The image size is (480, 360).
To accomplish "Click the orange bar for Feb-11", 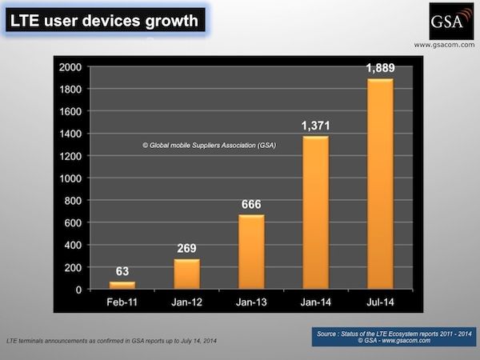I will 122,285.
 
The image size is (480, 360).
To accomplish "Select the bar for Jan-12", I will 186,274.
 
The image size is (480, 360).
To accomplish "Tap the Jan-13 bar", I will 250,252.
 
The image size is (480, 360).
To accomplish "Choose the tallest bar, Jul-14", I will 379,184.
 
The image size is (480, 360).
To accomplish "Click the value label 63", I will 122,271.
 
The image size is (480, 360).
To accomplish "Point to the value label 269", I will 186,248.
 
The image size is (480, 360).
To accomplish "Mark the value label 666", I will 250,203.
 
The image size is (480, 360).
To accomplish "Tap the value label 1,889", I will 379,67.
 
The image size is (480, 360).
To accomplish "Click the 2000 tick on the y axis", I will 70,67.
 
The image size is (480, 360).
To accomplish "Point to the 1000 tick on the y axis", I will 70,178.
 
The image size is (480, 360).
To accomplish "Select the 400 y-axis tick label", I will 74,245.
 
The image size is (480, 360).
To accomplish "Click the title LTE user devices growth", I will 103,19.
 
